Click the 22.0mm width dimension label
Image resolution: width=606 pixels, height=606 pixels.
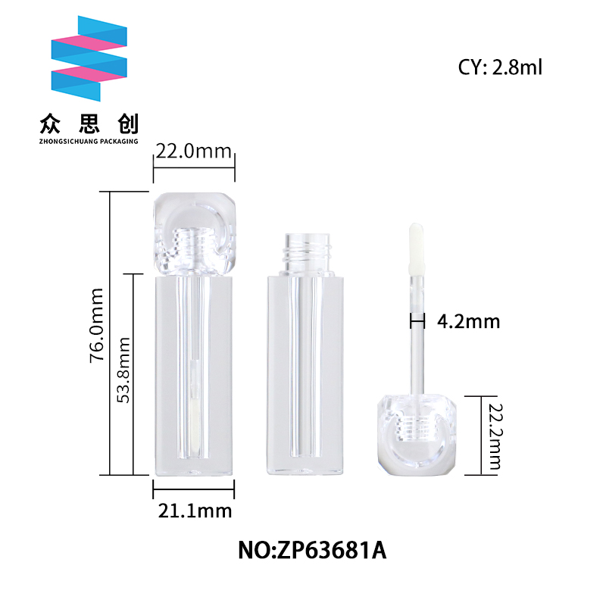(194, 151)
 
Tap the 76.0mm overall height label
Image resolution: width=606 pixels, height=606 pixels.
(97, 325)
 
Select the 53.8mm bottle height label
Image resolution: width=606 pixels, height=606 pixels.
(123, 370)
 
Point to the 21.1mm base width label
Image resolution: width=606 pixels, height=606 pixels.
(195, 511)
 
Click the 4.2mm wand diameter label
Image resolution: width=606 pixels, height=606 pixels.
(468, 321)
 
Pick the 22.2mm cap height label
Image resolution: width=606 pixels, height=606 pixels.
(495, 437)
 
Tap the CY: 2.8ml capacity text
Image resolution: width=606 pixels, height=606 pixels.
(500, 67)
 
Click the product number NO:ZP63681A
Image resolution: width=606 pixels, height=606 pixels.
(312, 551)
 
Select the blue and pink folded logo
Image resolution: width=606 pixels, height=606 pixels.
(89, 58)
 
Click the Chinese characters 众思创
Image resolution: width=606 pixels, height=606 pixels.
(89, 124)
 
